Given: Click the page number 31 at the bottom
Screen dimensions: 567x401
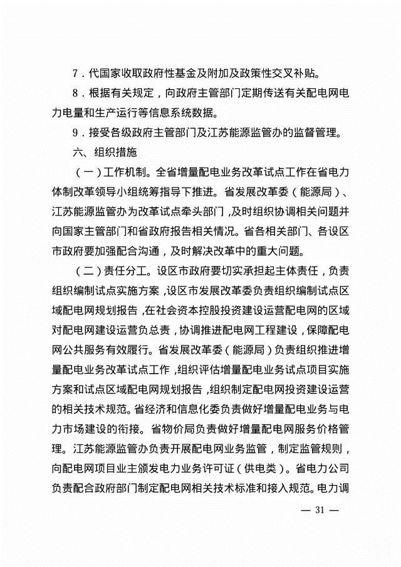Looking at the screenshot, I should (x=320, y=510).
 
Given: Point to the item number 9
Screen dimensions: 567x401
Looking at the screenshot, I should (x=75, y=133).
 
